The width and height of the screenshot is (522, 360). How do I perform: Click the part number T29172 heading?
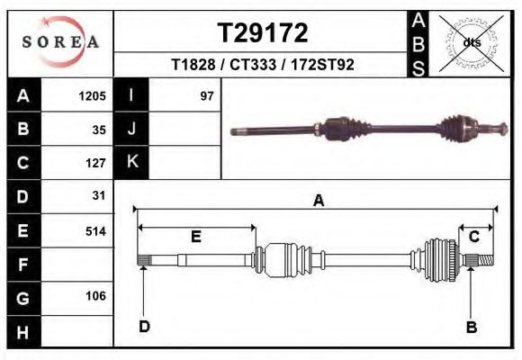tap(262, 34)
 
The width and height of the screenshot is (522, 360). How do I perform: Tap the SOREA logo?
tap(59, 42)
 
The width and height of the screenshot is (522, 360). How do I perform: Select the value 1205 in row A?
tap(93, 95)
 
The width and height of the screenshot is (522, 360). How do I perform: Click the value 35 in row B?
tap(99, 130)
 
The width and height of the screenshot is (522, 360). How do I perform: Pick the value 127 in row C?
tap(95, 163)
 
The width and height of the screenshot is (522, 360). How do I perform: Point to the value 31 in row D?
tap(99, 195)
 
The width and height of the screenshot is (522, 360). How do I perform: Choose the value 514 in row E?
tap(95, 230)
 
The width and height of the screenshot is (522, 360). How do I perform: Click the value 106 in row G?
tap(95, 296)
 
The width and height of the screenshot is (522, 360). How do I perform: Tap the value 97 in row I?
tap(207, 95)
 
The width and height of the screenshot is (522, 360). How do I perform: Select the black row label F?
tap(22, 265)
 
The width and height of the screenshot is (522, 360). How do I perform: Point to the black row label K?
tap(131, 162)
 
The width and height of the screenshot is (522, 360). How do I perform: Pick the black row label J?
tap(131, 129)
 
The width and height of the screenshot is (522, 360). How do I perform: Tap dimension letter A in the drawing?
tap(318, 202)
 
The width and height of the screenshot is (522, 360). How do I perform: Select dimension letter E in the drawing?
tap(196, 237)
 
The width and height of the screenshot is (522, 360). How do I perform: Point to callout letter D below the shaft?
tap(144, 327)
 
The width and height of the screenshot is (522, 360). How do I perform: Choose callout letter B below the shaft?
tap(471, 328)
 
